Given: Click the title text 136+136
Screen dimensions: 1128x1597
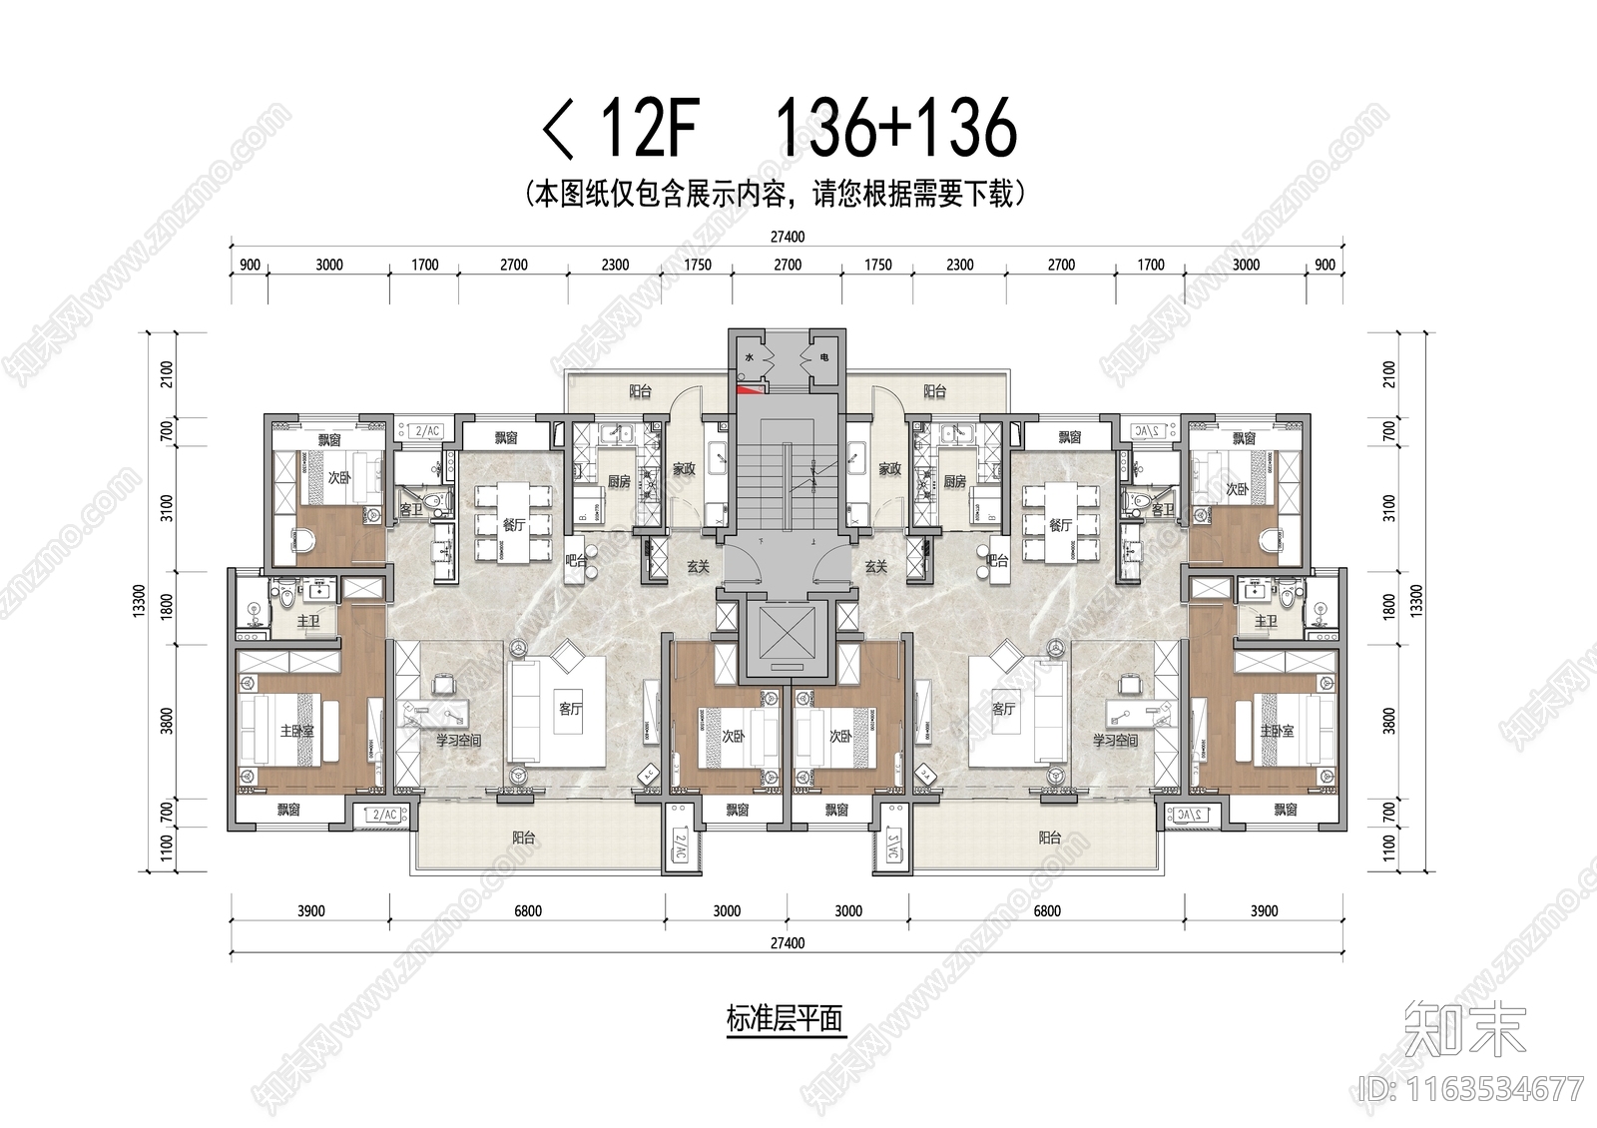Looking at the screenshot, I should coord(895,128).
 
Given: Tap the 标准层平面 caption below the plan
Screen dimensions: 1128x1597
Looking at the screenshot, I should coord(785,1019).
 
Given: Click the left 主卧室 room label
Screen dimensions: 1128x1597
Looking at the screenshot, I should coord(296,732).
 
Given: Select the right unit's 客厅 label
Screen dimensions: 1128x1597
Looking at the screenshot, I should coord(1003,709).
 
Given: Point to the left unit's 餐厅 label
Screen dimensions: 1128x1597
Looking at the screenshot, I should coord(513,525).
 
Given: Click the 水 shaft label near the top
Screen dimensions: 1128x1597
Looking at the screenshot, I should coord(749,356).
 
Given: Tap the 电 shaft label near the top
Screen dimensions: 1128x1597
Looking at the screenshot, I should coord(823,356).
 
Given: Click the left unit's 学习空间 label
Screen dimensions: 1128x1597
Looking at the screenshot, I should coord(458,741).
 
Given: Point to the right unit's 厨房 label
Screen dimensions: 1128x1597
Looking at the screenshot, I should coord(954,481).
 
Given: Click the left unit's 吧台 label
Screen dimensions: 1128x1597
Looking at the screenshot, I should coord(576,561).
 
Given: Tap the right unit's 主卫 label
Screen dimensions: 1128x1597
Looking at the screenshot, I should coord(1265,621).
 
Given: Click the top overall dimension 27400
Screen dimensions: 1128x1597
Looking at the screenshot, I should coord(787,238).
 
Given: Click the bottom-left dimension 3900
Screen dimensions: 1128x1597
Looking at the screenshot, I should coord(310,910).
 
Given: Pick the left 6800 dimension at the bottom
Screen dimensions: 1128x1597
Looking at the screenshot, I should coord(527,910).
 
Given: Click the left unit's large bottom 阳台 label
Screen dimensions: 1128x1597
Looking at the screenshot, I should coord(523,838).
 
